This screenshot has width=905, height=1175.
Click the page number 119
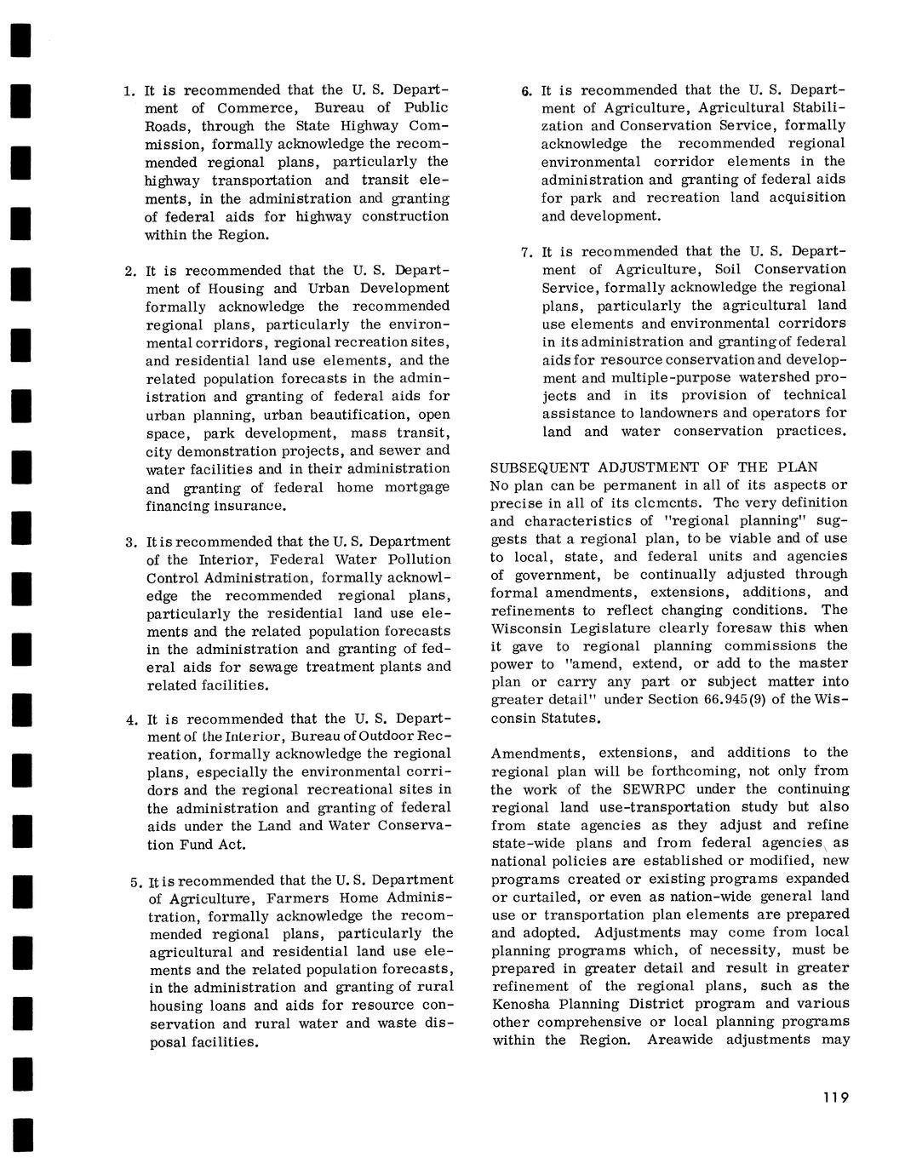tap(836, 1098)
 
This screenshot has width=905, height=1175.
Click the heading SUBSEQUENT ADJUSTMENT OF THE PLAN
tap(654, 467)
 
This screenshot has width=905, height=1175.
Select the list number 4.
tap(131, 719)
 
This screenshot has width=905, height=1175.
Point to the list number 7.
tap(526, 253)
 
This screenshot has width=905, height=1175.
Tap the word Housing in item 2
tap(235, 289)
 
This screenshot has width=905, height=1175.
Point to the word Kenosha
tap(523, 1004)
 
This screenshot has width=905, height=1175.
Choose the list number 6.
tap(526, 90)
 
